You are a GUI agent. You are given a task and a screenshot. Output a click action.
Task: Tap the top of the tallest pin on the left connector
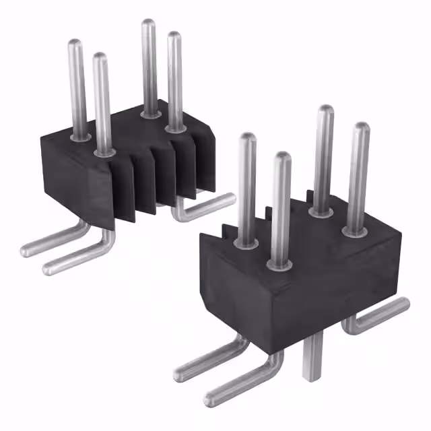pos(148,26)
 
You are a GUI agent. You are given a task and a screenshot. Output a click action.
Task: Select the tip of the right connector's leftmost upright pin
pos(248,139)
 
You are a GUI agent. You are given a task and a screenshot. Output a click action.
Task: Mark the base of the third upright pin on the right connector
pos(321,210)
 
